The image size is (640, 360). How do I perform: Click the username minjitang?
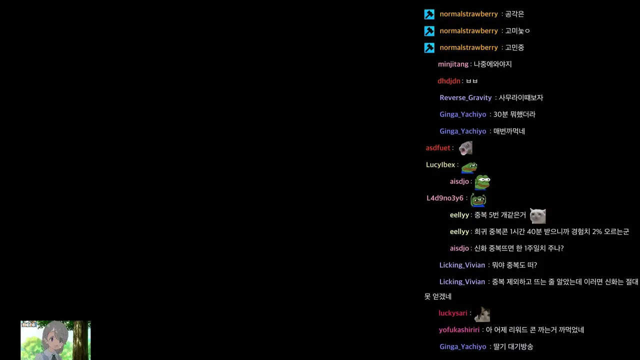[x=453, y=64]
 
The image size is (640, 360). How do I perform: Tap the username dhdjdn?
[x=449, y=81]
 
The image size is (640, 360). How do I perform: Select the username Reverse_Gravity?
[x=465, y=97]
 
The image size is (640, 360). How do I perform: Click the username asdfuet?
[x=437, y=148]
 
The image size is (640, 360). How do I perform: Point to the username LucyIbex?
[x=440, y=165]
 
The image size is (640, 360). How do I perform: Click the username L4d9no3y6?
[x=445, y=198]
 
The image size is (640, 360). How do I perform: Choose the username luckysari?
[x=453, y=313]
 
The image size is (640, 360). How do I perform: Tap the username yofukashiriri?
[x=459, y=330]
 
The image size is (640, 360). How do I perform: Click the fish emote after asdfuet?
[x=465, y=148]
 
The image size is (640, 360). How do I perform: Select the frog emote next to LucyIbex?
[x=469, y=167]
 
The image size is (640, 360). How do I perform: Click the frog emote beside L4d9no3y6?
[x=478, y=199]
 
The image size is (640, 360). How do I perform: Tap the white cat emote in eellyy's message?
[x=537, y=215]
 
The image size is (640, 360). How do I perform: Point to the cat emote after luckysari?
[x=482, y=314]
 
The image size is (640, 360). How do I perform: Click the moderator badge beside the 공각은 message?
[x=429, y=14]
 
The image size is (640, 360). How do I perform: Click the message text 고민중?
[x=514, y=47]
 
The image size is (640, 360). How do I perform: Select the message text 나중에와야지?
[x=492, y=64]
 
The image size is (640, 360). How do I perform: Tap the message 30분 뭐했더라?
[x=514, y=114]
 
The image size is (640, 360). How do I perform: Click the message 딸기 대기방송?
[x=513, y=347]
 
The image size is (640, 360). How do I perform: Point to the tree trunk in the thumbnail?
[x=81, y=340]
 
